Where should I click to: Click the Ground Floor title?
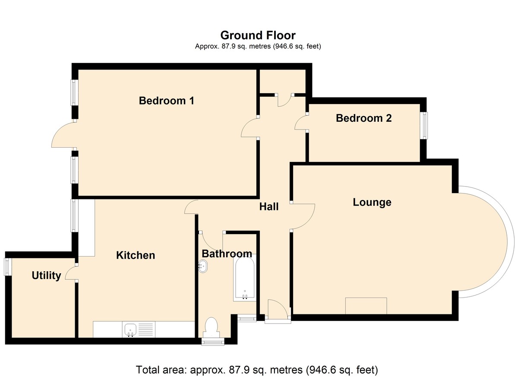pyautogui.click(x=258, y=35)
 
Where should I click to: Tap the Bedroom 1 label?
pyautogui.click(x=167, y=101)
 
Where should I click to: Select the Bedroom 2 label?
pyautogui.click(x=364, y=118)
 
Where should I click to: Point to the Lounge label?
pyautogui.click(x=372, y=203)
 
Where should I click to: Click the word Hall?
pyautogui.click(x=269, y=206)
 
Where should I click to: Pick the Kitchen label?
pyautogui.click(x=136, y=255)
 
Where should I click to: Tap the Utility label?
pyautogui.click(x=46, y=276)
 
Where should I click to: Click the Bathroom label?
pyautogui.click(x=227, y=254)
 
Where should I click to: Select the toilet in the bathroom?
pyautogui.click(x=211, y=328)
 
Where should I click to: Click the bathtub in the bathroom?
pyautogui.click(x=245, y=278)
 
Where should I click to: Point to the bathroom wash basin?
pyautogui.click(x=203, y=266)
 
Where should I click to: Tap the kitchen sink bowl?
pyautogui.click(x=130, y=329)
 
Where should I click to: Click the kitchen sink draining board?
pyautogui.click(x=146, y=329)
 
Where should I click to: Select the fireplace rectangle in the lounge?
pyautogui.click(x=366, y=306)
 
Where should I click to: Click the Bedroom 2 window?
pyautogui.click(x=423, y=126)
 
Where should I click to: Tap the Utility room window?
pyautogui.click(x=8, y=267)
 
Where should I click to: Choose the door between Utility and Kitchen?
pyautogui.click(x=70, y=273)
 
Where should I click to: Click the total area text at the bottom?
pyautogui.click(x=257, y=370)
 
